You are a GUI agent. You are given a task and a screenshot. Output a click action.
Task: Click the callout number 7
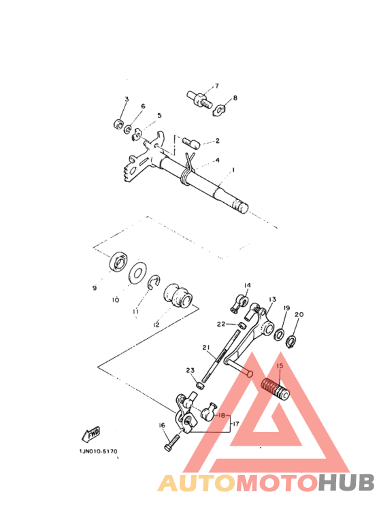tap(216, 86)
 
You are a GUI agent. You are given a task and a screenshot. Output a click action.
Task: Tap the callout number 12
tap(156, 325)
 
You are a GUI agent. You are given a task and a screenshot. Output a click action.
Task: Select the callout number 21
tap(206, 348)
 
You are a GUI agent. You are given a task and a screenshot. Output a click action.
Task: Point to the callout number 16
tap(162, 425)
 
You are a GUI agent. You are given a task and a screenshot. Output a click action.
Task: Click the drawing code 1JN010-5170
tap(98, 451)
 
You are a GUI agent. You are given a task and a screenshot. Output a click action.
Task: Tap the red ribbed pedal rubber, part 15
tap(276, 389)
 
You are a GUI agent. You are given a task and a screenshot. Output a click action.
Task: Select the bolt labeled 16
tap(172, 443)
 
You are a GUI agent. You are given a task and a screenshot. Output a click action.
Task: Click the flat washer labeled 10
tap(137, 273)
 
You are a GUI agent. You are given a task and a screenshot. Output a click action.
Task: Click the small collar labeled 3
tap(118, 124)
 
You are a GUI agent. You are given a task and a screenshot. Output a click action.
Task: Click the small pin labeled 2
tap(191, 142)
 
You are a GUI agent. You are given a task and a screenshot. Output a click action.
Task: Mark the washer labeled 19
tap(279, 335)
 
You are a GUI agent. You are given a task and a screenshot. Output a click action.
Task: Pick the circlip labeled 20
tap(291, 342)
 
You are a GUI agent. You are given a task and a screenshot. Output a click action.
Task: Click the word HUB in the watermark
tap(346, 482)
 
